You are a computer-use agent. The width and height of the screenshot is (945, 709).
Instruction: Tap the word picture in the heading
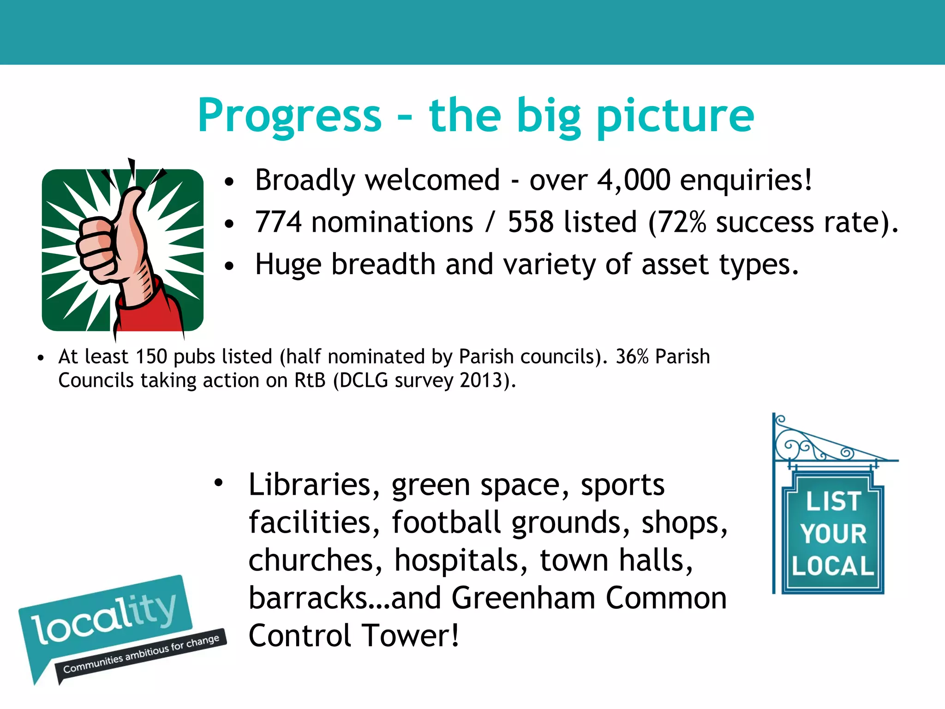pos(675,116)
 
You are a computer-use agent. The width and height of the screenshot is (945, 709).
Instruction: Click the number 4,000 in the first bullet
pos(633,180)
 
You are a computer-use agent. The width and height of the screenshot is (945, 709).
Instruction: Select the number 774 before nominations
pos(278,222)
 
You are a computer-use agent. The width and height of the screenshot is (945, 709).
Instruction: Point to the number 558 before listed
pos(531,222)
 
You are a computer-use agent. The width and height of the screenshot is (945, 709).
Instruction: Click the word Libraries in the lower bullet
pos(314,485)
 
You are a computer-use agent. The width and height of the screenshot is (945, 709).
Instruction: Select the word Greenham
pos(523,598)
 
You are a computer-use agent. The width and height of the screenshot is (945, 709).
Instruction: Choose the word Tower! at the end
pos(410,636)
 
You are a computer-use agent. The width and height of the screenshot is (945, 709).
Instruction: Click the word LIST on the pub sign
pos(833,501)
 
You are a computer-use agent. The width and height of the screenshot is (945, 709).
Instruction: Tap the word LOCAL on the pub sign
pos(833,566)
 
